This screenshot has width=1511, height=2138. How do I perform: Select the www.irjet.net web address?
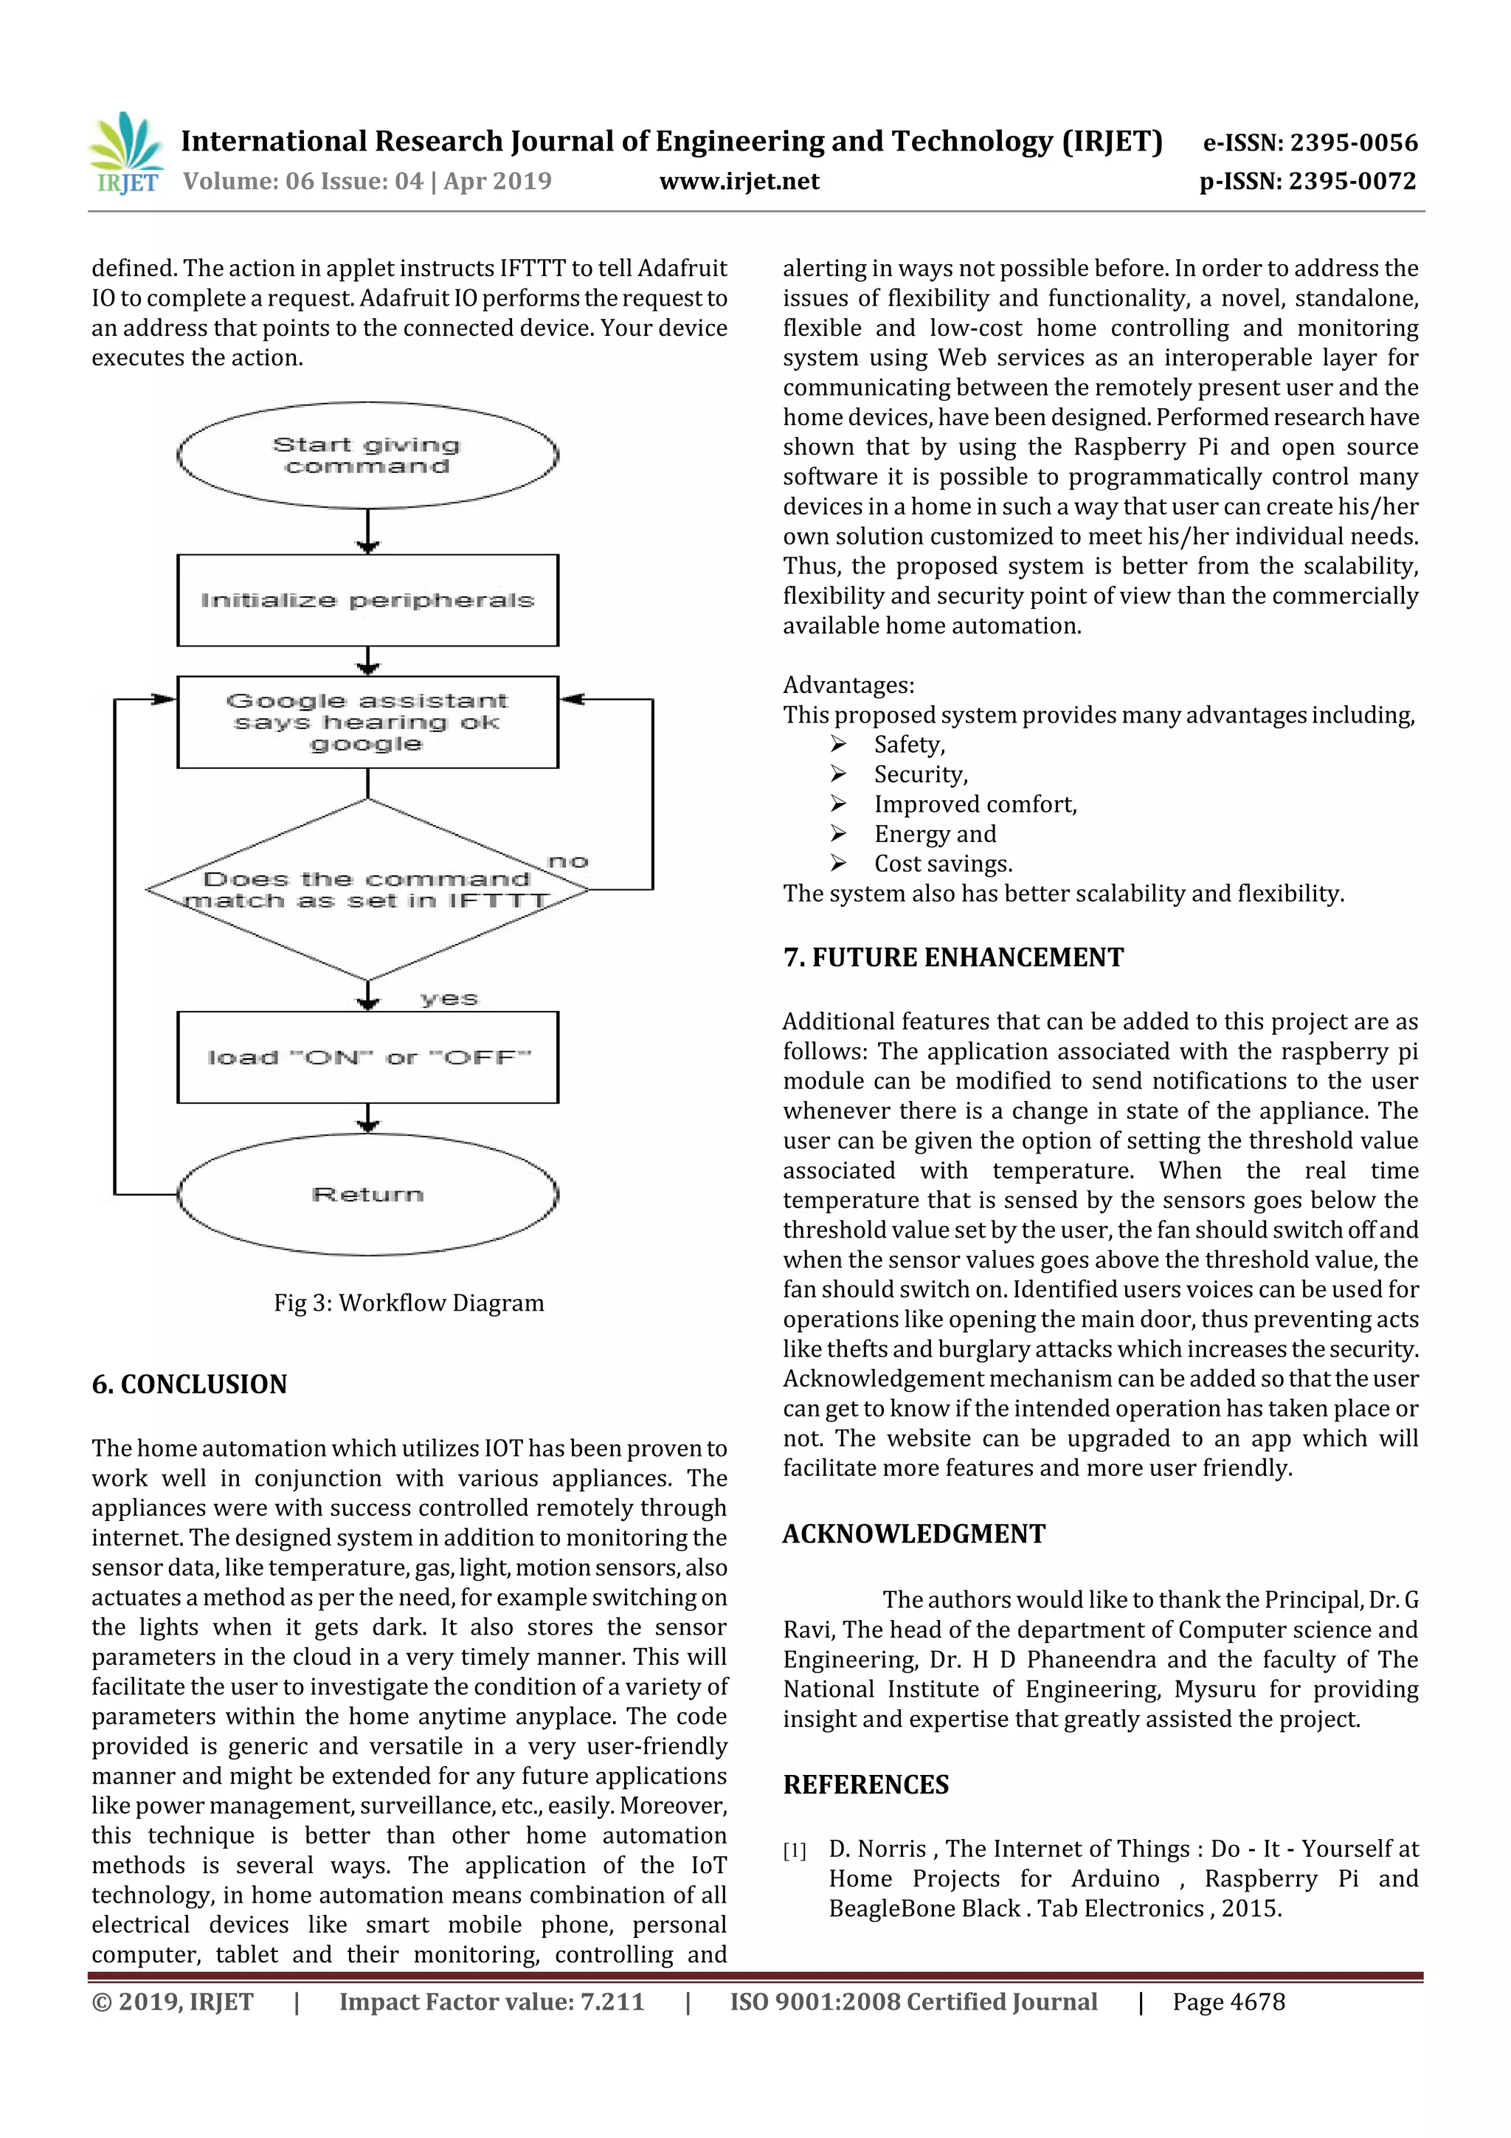(739, 181)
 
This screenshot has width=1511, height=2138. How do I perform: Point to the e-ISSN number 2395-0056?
(1310, 142)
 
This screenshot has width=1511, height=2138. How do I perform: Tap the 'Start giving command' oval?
(367, 455)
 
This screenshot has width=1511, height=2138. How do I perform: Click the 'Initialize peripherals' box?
(367, 601)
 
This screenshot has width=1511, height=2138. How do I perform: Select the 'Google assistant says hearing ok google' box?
(367, 722)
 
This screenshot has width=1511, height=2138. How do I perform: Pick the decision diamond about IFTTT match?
(367, 890)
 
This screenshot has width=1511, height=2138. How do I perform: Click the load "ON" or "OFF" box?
(367, 1058)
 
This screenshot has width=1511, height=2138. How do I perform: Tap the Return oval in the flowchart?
(367, 1194)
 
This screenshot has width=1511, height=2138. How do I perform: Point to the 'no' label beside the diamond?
(568, 861)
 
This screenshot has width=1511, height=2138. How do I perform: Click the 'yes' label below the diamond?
(449, 999)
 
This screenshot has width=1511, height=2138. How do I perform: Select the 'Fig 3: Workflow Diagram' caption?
(409, 1303)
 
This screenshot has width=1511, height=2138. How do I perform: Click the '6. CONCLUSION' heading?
(189, 1384)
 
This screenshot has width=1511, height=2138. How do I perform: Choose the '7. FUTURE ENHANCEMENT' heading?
(953, 957)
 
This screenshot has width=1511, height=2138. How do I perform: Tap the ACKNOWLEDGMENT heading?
(913, 1534)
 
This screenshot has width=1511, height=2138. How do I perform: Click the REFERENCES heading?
(866, 1784)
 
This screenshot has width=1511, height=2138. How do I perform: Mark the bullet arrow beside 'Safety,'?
(838, 744)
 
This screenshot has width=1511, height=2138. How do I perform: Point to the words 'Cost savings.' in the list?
(943, 863)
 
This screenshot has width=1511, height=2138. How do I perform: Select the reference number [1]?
(794, 1850)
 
